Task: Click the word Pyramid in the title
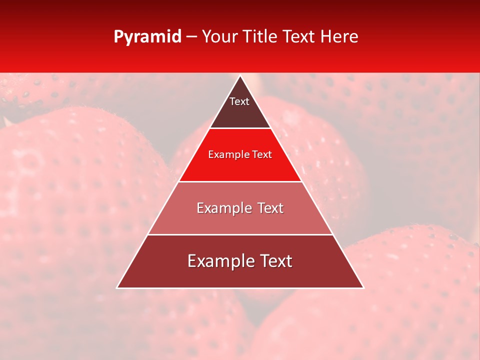click(x=147, y=37)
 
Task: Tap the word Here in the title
click(x=339, y=36)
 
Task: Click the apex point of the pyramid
click(x=240, y=76)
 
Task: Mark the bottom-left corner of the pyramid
click(x=117, y=287)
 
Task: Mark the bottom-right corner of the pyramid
click(x=363, y=287)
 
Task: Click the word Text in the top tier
click(x=239, y=101)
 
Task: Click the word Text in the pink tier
click(x=270, y=208)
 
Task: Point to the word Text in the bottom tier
click(x=274, y=261)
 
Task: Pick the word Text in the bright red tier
click(x=262, y=154)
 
